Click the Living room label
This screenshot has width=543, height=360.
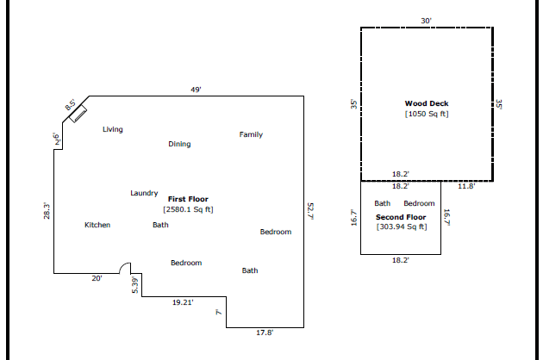(113, 129)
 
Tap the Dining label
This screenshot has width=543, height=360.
(179, 144)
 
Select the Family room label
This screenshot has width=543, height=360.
(251, 134)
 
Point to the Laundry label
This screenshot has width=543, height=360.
(144, 193)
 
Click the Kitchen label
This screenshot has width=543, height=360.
(97, 225)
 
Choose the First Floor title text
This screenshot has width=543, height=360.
(188, 199)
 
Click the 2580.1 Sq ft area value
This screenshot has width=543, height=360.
(188, 209)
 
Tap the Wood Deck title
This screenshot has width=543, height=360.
(427, 103)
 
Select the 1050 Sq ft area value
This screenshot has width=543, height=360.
(427, 114)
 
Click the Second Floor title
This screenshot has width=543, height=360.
(401, 217)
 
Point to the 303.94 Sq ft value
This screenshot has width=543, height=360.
(402, 227)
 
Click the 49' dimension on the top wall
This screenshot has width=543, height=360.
(196, 90)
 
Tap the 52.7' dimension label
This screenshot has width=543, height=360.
(310, 212)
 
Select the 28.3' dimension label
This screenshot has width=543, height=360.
(47, 211)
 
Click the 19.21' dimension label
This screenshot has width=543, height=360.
(183, 302)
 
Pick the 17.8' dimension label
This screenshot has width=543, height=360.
(265, 332)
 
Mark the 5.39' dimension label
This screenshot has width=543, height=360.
(135, 285)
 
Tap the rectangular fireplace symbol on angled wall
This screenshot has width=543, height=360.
(78, 114)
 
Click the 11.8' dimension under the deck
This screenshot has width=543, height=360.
(466, 186)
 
